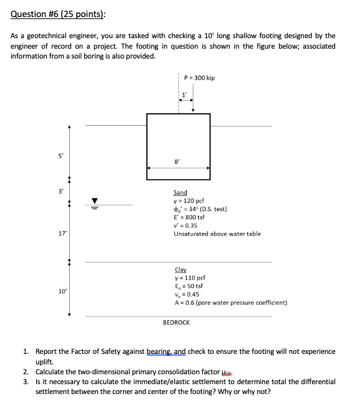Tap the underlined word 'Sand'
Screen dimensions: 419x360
[180, 193]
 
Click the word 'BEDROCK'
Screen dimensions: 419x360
[176, 323]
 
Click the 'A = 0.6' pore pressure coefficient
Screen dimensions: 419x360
[230, 303]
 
